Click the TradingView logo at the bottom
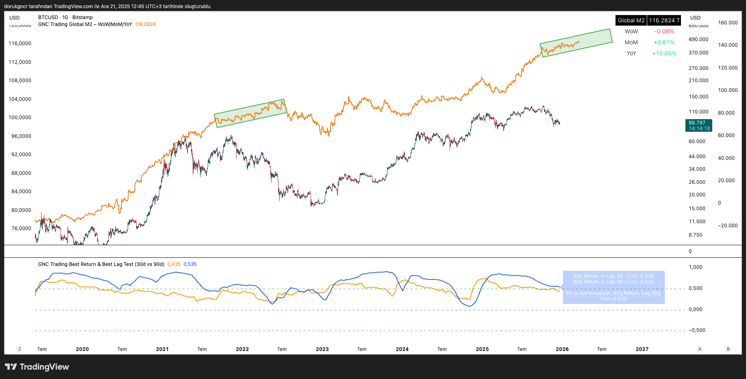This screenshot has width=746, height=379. click(37, 367)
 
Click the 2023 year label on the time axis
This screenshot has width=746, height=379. click(322, 349)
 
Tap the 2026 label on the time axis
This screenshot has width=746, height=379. click(562, 349)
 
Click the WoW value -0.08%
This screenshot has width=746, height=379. click(664, 31)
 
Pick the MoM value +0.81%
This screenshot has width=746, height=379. click(664, 42)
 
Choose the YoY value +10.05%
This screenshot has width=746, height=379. click(664, 53)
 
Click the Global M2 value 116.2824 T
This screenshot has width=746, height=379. click(664, 20)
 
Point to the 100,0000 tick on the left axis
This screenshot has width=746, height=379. click(20, 118)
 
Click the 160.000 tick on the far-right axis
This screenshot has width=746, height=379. click(728, 23)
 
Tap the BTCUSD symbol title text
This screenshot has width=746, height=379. click(65, 17)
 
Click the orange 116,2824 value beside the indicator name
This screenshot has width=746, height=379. click(145, 24)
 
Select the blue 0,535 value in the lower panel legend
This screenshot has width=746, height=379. click(190, 264)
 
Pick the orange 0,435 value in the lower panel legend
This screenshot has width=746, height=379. click(174, 264)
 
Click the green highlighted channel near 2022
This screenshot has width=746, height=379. click(250, 113)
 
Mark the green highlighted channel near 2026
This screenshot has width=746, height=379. click(576, 43)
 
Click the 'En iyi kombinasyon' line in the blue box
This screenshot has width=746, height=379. click(613, 293)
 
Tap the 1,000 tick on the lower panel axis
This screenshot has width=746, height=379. click(695, 267)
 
